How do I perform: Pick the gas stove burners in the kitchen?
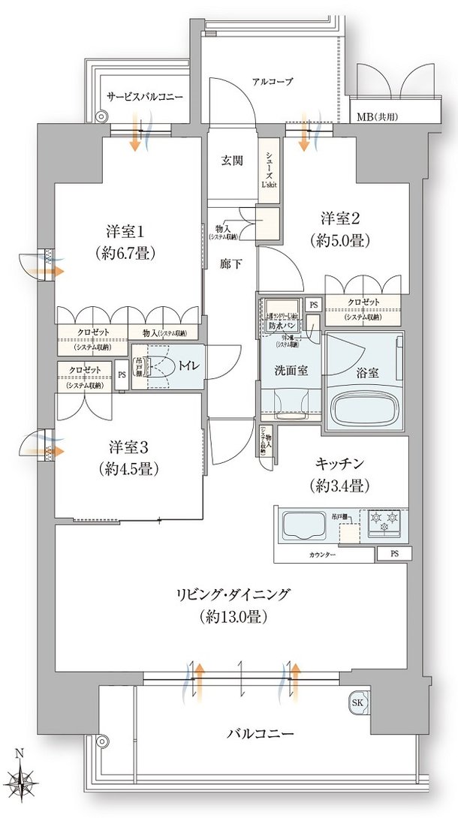point(384,522)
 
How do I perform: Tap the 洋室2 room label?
point(342,229)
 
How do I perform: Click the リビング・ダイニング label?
point(234,605)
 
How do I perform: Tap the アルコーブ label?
point(272,81)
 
